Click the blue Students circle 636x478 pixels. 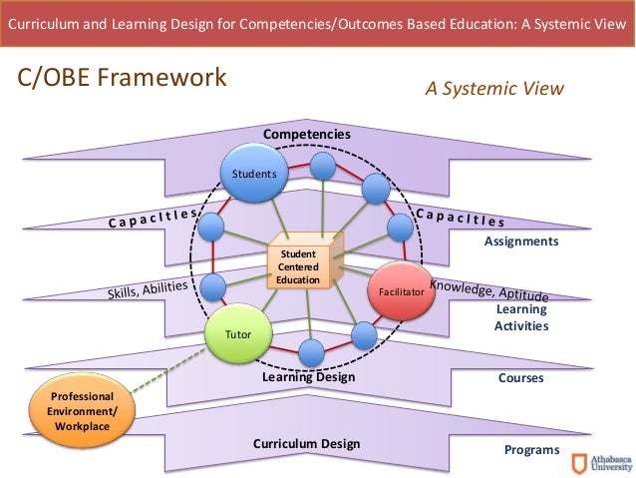point(253,173)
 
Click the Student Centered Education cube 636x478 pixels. point(301,264)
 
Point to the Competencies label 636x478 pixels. point(306,134)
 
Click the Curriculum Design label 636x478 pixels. point(306,444)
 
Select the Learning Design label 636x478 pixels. point(308,378)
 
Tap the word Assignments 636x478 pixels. point(520,241)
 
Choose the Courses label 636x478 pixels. point(521,379)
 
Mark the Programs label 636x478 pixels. point(531,450)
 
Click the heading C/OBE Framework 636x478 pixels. point(119,78)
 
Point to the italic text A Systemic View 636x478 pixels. point(494,88)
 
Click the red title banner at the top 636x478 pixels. point(317,22)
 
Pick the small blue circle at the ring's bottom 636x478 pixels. point(310,352)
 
